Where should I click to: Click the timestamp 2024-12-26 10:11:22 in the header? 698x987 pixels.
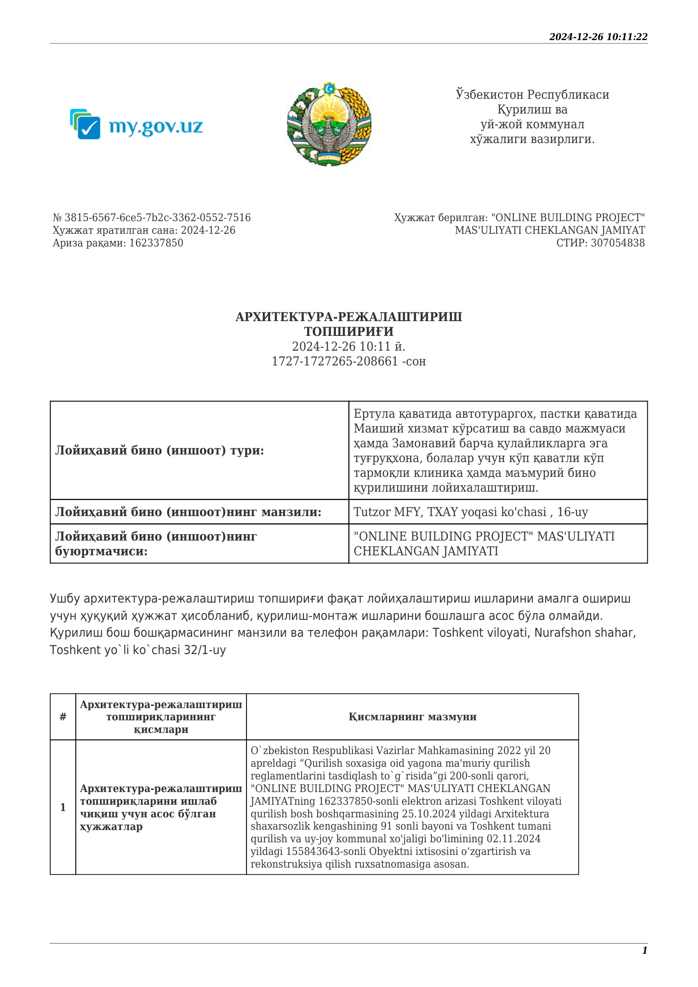598,37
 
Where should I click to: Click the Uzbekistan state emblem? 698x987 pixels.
329,124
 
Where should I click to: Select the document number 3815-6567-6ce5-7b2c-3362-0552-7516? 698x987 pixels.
157,217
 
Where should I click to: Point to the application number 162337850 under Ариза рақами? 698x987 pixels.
156,243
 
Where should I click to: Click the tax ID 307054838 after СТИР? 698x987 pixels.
618,243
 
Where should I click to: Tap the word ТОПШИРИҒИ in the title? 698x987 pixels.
349,331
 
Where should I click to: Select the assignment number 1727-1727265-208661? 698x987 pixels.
335,361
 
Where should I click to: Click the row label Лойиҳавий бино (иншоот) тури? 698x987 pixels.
160,450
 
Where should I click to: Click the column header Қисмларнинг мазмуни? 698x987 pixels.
412,717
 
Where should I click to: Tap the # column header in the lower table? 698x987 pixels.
63,717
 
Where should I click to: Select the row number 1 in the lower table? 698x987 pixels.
63,807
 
